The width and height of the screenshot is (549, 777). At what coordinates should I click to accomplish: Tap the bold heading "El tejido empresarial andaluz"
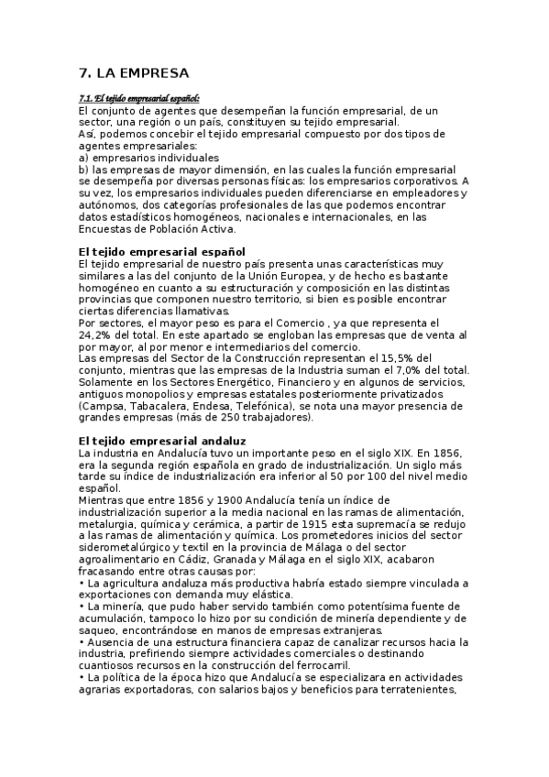click(163, 441)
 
